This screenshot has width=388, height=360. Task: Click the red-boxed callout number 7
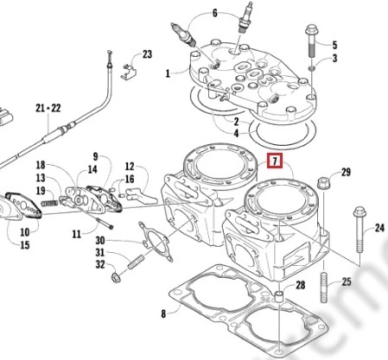[x=275, y=161]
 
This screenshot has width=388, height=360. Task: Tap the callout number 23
[x=147, y=54]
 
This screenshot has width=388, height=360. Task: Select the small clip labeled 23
[x=128, y=73]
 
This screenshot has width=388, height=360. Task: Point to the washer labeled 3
[x=312, y=68]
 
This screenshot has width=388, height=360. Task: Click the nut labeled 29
[x=322, y=183]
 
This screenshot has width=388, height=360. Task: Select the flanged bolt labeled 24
[x=359, y=230]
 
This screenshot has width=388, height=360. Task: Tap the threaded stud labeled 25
[x=324, y=287]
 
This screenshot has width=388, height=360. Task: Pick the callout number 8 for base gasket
[x=163, y=313]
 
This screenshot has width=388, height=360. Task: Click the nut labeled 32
[x=116, y=277]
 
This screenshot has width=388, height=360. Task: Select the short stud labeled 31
[x=136, y=262]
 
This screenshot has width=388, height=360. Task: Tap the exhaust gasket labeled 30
[x=156, y=241]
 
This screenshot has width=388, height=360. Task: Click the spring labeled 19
[x=50, y=203]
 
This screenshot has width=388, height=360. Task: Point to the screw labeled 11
[x=104, y=224]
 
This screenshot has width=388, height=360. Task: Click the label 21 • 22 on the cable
[x=48, y=108]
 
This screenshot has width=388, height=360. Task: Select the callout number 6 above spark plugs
[x=215, y=13]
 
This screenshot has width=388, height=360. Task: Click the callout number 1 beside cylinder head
[x=168, y=73]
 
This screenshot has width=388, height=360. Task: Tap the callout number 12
[x=130, y=167]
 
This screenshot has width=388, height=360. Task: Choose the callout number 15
[x=25, y=245]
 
